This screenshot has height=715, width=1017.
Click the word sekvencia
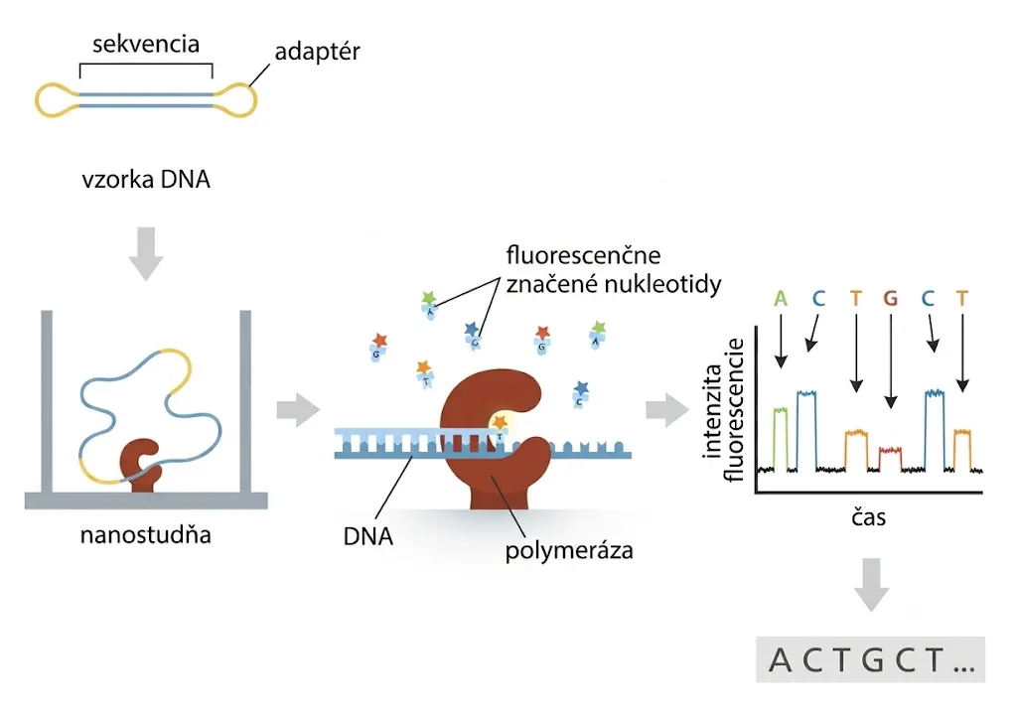pos(146,44)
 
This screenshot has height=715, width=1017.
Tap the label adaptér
pos(317,52)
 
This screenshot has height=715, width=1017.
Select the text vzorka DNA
pos(146,180)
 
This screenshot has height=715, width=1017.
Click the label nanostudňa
pos(146,535)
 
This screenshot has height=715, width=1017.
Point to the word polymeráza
pos(569,551)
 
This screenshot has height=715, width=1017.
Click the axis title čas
pos(868,517)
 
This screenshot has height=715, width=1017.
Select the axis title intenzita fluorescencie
pos(723,410)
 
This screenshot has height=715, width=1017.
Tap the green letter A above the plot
pos(781,299)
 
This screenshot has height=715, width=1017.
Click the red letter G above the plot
pos(890,299)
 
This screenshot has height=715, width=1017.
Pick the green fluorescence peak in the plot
pos(781,439)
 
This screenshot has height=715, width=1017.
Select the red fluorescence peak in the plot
pos(890,459)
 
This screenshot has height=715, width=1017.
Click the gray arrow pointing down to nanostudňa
pos(146,253)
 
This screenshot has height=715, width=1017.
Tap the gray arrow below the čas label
pos(871,584)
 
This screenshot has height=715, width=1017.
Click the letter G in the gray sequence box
pos(874,660)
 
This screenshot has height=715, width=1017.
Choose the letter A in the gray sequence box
pos(781,660)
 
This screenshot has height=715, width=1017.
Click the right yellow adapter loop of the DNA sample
pos(237,100)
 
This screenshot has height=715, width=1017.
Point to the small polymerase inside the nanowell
pos(140,465)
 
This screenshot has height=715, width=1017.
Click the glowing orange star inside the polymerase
pos(499,422)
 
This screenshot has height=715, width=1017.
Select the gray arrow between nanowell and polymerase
pos(298,410)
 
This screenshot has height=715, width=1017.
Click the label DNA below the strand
pos(367,536)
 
